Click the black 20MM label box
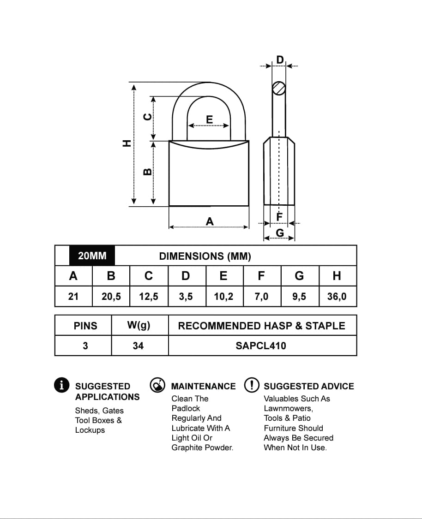pyautogui.click(x=92, y=256)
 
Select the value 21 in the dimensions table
pyautogui.click(x=73, y=296)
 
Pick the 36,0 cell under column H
pyautogui.click(x=337, y=296)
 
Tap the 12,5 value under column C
pyautogui.click(x=149, y=296)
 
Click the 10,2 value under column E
pyautogui.click(x=223, y=296)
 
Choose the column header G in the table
pyautogui.click(x=299, y=276)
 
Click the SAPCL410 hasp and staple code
pyautogui.click(x=261, y=346)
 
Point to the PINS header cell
pyautogui.click(x=85, y=326)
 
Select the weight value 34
pyautogui.click(x=138, y=346)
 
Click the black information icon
pyautogui.click(x=62, y=385)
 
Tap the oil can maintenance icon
pyautogui.click(x=158, y=385)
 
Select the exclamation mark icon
pyautogui.click(x=252, y=385)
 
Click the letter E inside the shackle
pyautogui.click(x=209, y=120)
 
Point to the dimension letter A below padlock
pyautogui.click(x=210, y=222)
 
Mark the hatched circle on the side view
pyautogui.click(x=279, y=88)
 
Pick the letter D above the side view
pyautogui.click(x=280, y=60)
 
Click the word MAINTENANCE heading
pyautogui.click(x=203, y=386)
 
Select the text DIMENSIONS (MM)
pyautogui.click(x=205, y=256)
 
